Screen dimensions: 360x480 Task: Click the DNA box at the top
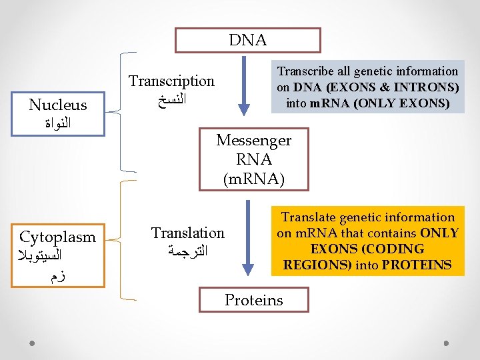[x=247, y=40]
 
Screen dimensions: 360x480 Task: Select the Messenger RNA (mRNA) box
[x=253, y=160]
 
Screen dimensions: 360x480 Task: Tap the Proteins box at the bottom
[x=253, y=300]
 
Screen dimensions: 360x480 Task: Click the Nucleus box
[x=58, y=113]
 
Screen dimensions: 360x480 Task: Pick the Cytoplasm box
[x=58, y=256]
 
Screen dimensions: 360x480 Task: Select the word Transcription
[x=171, y=81]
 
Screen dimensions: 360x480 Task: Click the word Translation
[x=188, y=233]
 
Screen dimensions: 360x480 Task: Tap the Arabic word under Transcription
[x=171, y=101]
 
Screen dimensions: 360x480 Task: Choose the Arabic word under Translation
[x=189, y=252]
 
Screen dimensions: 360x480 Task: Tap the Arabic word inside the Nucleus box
[x=58, y=123]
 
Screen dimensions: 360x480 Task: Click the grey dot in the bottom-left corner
[x=33, y=343]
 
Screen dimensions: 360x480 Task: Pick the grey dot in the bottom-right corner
[x=447, y=343]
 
